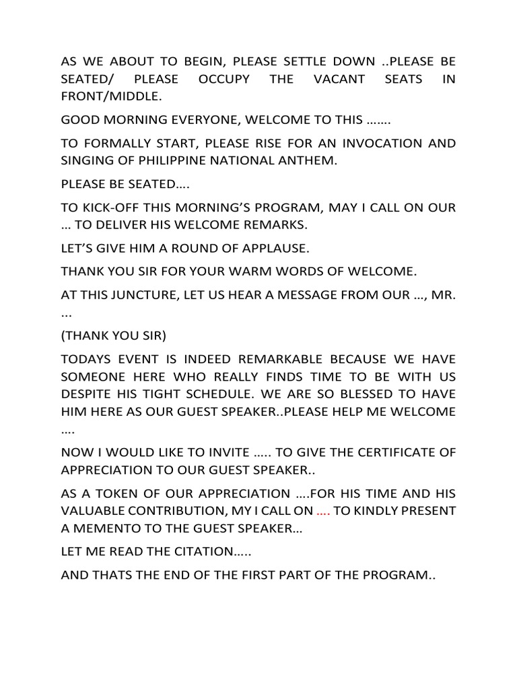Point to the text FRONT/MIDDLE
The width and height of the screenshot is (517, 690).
pyautogui.click(x=111, y=97)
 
